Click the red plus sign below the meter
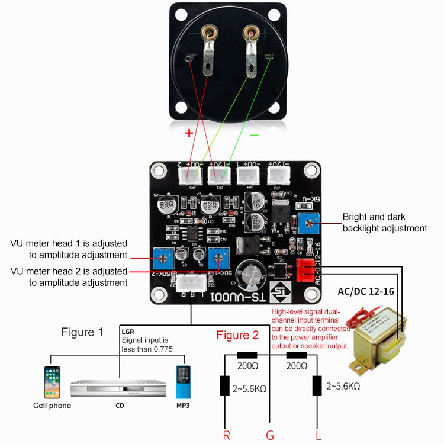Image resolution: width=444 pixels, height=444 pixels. coord(189,133)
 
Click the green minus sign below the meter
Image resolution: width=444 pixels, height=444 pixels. coord(254,135)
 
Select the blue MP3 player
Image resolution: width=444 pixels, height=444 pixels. coord(183,382)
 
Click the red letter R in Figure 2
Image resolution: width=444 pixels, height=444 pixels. coord(226,436)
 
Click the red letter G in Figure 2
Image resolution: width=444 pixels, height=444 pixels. coord(270,436)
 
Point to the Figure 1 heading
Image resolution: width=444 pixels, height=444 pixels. coord(82,332)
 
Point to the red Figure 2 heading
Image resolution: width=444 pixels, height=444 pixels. coord(237,335)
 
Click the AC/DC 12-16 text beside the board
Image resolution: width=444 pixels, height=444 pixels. coord(365,292)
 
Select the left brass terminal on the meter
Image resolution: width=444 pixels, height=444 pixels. coord(208,35)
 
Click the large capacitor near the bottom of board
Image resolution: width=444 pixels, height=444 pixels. coord(248,274)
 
